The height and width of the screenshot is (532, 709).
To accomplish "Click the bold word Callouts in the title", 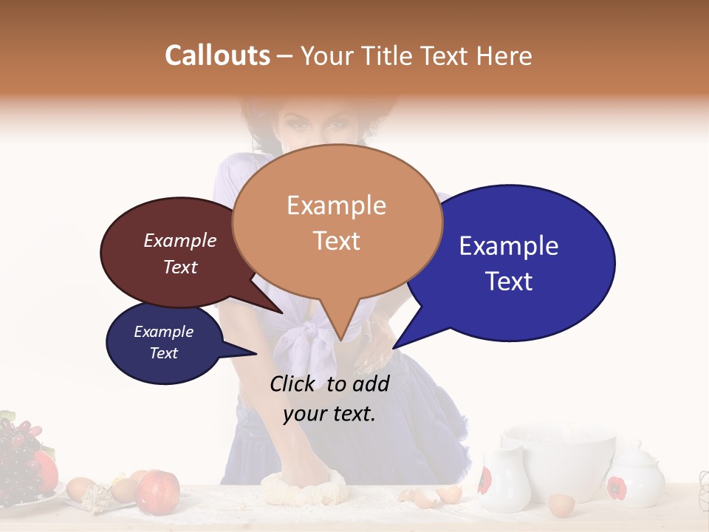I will [217, 55].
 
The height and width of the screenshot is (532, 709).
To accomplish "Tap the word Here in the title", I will [504, 55].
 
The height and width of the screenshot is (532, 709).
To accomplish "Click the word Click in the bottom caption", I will [292, 383].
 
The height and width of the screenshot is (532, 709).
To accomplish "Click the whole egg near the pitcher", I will [561, 505].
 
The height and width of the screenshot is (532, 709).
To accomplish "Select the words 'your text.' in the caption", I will [329, 413].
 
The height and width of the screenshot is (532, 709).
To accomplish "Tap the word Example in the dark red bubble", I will [180, 241].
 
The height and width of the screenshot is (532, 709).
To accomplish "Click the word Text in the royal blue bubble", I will [510, 282].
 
